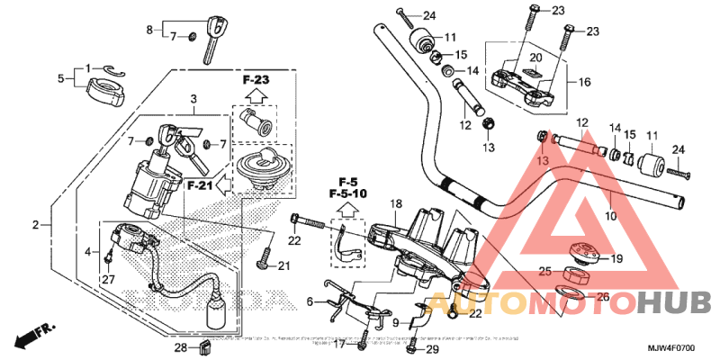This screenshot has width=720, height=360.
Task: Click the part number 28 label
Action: click(x=179, y=346)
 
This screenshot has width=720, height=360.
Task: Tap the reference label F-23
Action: click(x=256, y=79)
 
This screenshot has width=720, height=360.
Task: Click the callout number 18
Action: click(x=393, y=205)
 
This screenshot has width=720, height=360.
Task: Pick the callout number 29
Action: click(x=432, y=348)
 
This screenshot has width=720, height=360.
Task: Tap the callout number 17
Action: click(x=339, y=344)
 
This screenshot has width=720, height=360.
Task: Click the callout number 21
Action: click(x=284, y=265)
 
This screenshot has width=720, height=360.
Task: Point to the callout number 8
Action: click(x=150, y=30)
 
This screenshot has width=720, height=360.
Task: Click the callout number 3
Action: click(x=192, y=98)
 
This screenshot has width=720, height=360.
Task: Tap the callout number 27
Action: click(x=108, y=279)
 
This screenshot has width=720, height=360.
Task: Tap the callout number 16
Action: click(x=583, y=82)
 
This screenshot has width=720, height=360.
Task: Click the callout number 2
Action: click(x=37, y=224)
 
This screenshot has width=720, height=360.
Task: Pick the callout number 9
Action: click(x=394, y=321)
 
